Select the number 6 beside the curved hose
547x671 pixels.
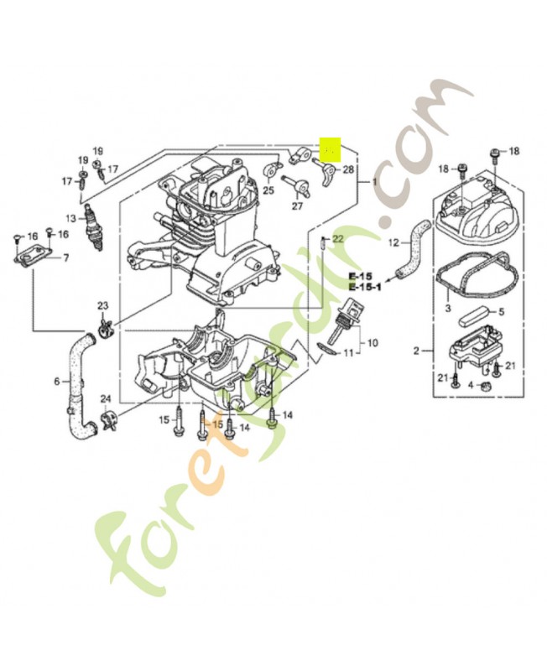[57, 382]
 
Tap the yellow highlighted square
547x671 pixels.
[331, 149]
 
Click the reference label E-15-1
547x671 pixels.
[366, 288]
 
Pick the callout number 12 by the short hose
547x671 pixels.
[392, 243]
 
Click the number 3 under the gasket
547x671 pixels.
[448, 309]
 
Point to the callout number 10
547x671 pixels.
[372, 342]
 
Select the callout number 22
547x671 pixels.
[338, 239]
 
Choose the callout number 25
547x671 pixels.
[268, 190]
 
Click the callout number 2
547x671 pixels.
[415, 351]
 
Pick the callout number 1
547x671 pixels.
[374, 182]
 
